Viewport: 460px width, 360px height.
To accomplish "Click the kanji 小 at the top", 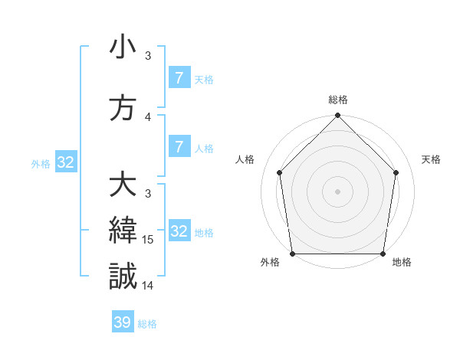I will tap(123, 47).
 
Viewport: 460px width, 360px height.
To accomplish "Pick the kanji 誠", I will tap(123, 275).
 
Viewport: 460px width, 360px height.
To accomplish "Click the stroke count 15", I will tap(148, 240).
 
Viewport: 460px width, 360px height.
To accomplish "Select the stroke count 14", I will tap(148, 285).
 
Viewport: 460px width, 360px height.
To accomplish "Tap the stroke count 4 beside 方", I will tap(148, 117).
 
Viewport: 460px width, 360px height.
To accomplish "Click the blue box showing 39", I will tap(123, 322).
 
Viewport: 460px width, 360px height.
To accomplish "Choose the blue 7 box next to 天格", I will tap(179, 78).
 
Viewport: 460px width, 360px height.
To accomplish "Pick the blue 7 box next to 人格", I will tap(179, 147).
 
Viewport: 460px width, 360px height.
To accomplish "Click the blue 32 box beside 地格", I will tap(179, 231).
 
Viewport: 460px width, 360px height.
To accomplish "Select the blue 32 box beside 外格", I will tap(65, 162).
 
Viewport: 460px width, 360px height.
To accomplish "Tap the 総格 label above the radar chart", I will tap(338, 100).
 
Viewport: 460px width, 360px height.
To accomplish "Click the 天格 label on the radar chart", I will tap(432, 159).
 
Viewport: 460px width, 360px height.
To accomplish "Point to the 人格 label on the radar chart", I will tap(245, 159).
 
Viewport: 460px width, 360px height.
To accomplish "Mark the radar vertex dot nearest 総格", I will tap(338, 116).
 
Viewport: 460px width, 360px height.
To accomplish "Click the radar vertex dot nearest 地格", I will tap(383, 254).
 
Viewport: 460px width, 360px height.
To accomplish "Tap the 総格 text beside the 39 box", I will tap(148, 324).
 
